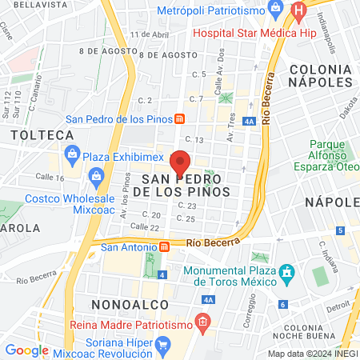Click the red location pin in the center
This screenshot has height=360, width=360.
[x=181, y=162]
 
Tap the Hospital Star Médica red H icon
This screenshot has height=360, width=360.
[x=299, y=12]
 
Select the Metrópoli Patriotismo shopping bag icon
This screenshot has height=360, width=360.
[x=276, y=10]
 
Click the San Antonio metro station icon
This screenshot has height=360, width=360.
[x=164, y=246]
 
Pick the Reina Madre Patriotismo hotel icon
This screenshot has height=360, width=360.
[x=203, y=322]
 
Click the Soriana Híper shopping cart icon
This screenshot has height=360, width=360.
[x=164, y=346]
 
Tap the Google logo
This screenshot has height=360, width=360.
[x=26, y=350]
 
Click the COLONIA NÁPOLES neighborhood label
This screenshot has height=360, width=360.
[x=321, y=75]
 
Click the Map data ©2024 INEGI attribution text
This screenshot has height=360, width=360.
[x=312, y=354]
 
